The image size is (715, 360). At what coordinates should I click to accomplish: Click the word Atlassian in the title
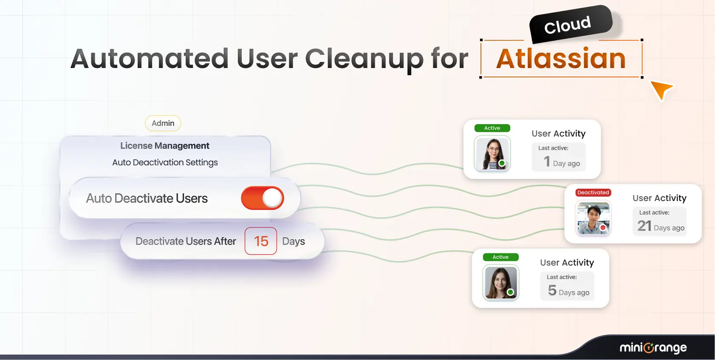[x=561, y=59]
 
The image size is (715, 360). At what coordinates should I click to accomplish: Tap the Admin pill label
[x=163, y=123]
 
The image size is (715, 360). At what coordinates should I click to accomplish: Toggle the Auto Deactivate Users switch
[x=263, y=198]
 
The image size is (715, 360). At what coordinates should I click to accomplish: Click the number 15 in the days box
[x=261, y=241]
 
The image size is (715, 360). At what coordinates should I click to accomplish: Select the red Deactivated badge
[x=593, y=193]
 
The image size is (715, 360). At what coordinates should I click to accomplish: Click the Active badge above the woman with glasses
[x=492, y=128]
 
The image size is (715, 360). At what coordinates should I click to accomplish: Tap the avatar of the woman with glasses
[x=492, y=154]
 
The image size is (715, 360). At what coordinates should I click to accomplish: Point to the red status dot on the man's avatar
[x=603, y=228]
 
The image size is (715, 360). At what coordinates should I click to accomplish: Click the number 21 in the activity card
[x=644, y=226]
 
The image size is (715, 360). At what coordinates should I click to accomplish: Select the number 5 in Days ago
[x=552, y=290]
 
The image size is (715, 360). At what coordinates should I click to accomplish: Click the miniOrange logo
[x=653, y=348]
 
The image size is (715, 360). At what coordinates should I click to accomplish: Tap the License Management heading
[x=165, y=146]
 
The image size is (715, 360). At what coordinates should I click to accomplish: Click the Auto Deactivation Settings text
[x=165, y=162]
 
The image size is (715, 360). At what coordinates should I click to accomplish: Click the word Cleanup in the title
[x=364, y=60]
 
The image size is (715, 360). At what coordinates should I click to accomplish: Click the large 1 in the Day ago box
[x=547, y=162]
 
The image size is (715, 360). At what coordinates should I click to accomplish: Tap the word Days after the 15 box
[x=294, y=241]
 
